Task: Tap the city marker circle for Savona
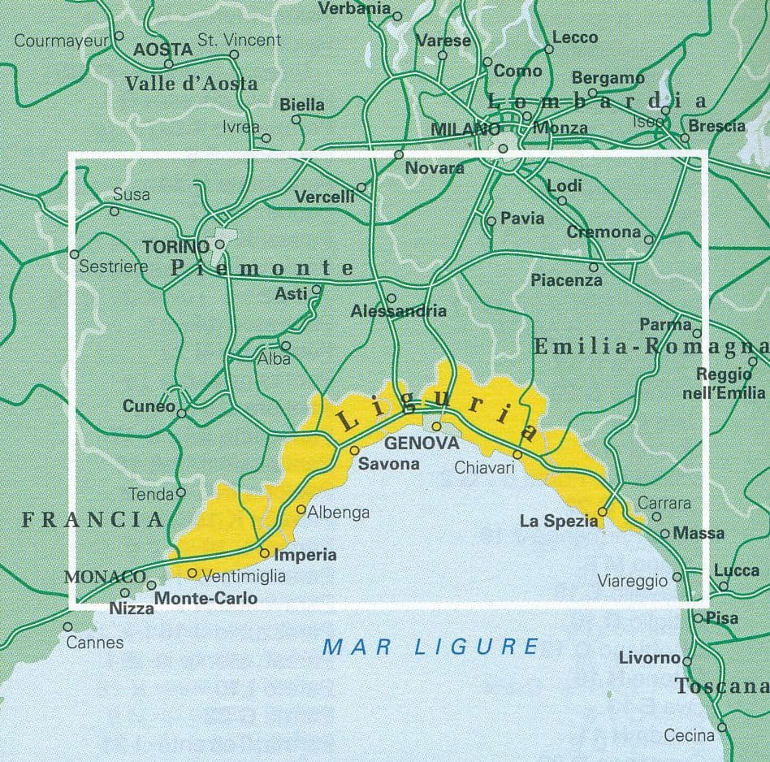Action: [354, 450]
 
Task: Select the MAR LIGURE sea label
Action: [430, 647]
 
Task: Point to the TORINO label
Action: [175, 246]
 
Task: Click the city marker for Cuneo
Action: [182, 413]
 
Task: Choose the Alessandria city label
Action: [399, 311]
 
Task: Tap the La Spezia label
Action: [558, 521]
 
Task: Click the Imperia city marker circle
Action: [264, 552]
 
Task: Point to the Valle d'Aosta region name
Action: [192, 83]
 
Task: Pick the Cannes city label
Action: [96, 643]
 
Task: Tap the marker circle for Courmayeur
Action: [119, 36]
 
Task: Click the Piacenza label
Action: [566, 280]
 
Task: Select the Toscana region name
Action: [721, 686]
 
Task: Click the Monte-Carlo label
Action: [205, 599]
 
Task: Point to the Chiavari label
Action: [485, 467]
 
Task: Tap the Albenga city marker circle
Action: [301, 510]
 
